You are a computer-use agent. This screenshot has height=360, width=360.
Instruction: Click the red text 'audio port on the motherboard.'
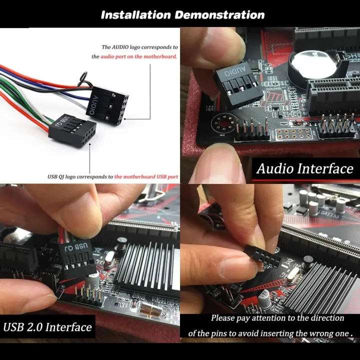(x=138, y=57)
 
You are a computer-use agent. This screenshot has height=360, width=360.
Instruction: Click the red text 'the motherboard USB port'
(x=146, y=176)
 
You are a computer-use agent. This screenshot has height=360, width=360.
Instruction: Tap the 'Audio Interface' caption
(x=304, y=168)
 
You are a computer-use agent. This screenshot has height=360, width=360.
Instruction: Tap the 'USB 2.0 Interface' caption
(x=47, y=327)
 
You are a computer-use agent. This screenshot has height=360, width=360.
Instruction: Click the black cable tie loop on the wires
(x=83, y=78)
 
